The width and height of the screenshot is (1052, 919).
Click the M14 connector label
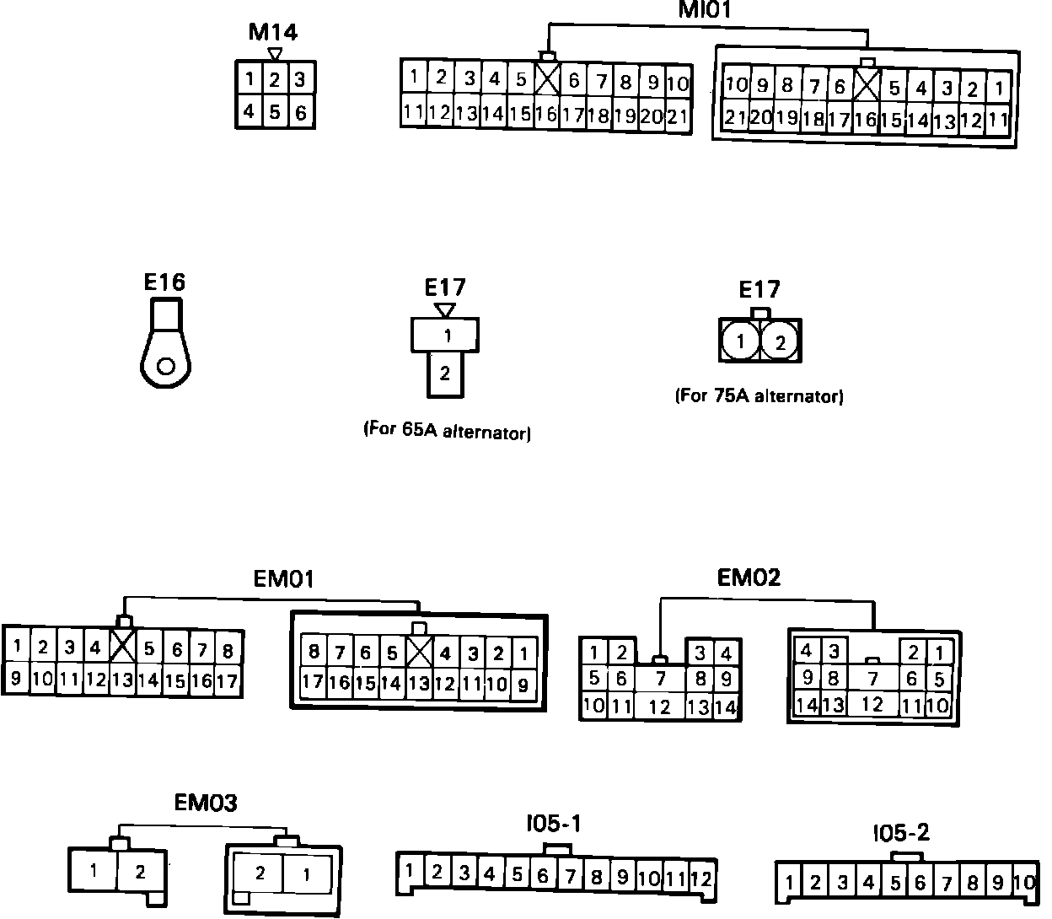coord(273,32)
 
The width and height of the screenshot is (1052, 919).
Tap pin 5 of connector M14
coord(275,111)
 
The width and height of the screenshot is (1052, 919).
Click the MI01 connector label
coord(705,10)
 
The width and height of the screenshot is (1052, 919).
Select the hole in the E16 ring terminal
coord(166,366)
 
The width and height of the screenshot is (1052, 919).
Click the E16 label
coord(164,282)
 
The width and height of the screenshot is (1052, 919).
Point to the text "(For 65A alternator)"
coord(447,430)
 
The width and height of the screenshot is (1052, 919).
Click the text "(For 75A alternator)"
coord(759,395)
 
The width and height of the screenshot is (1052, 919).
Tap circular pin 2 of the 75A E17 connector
coord(781,342)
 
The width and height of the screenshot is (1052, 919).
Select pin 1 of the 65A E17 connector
coord(447,336)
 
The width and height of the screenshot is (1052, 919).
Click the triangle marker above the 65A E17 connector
coord(445,310)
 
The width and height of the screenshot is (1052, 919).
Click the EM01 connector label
coord(284,579)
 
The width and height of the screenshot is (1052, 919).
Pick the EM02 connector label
coord(749,578)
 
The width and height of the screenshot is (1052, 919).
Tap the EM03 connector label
coord(206,803)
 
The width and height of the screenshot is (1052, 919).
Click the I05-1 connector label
coord(553,824)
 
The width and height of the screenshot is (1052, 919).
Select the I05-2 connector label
coord(901,833)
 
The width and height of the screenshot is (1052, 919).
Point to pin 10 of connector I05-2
coord(1023,883)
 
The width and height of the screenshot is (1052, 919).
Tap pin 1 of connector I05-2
coord(790,884)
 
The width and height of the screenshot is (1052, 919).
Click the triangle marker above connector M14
coord(274,53)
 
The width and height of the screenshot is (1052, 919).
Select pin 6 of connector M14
coord(301,111)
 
